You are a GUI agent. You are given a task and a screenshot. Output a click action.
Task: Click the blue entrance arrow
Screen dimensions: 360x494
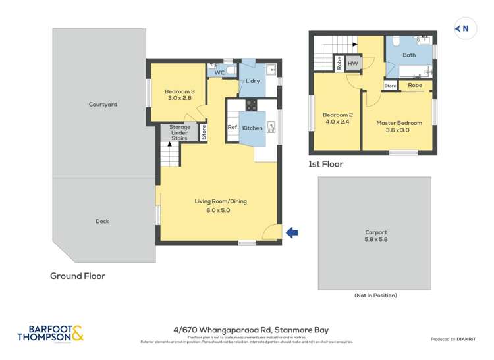click(x=292, y=232)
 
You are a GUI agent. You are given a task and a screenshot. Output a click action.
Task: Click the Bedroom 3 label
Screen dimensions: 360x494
click(x=179, y=95)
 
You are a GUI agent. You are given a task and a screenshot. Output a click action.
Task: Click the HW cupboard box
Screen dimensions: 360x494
click(x=353, y=64)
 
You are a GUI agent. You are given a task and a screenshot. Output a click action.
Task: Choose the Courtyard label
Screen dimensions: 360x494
click(x=103, y=104)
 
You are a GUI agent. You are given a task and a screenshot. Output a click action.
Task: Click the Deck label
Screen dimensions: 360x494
click(x=102, y=222)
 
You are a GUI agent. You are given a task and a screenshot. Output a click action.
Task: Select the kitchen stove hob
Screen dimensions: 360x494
click(x=251, y=104)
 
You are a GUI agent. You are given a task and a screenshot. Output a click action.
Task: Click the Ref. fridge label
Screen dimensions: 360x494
click(x=233, y=128)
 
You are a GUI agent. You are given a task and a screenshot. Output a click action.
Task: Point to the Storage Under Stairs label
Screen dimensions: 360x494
click(x=179, y=132)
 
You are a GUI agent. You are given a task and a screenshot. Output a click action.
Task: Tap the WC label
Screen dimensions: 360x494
click(x=219, y=72)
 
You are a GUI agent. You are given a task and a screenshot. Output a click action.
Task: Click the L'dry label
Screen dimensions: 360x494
click(x=252, y=82)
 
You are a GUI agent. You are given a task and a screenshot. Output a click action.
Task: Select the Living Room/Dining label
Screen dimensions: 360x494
click(x=220, y=206)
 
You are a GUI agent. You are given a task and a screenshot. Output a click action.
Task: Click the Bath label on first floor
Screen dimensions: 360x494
click(x=409, y=55)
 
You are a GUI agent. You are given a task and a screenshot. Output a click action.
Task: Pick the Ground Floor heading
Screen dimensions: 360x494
click(x=78, y=276)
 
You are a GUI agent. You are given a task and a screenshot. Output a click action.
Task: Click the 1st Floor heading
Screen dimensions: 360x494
click(x=325, y=164)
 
